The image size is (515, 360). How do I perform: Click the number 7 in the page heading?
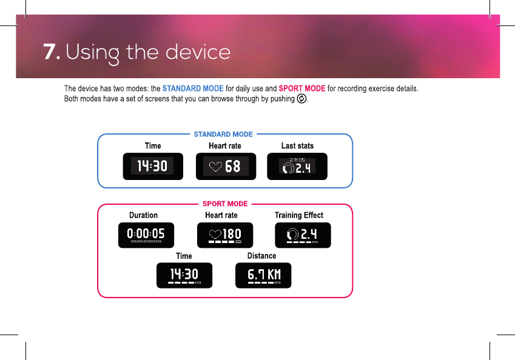(x=50, y=52)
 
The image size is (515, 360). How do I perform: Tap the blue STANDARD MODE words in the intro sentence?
(x=193, y=88)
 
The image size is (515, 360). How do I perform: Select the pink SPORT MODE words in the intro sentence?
(x=302, y=88)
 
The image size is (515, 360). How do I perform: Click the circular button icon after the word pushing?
(x=301, y=98)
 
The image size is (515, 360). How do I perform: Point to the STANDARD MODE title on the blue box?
(x=223, y=134)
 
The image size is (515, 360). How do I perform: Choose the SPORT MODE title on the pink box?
(x=225, y=204)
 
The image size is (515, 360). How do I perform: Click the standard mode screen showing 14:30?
(x=153, y=167)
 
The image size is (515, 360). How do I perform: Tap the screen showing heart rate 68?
(x=226, y=167)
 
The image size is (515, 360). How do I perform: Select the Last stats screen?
(x=297, y=167)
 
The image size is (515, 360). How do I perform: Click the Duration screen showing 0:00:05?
(x=146, y=235)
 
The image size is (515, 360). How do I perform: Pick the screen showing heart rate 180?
(x=225, y=235)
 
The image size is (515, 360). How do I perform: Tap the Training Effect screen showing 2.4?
(x=303, y=235)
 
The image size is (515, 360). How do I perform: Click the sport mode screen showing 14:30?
(x=184, y=275)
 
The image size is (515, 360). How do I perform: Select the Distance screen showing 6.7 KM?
(x=263, y=275)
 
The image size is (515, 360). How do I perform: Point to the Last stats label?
(x=297, y=145)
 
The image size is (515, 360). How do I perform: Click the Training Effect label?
(x=299, y=215)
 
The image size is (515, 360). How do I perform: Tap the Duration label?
(x=143, y=215)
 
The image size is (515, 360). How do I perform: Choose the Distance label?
(x=261, y=256)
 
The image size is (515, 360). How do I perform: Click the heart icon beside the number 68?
(x=215, y=167)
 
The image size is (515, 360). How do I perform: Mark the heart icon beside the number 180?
(x=215, y=235)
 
